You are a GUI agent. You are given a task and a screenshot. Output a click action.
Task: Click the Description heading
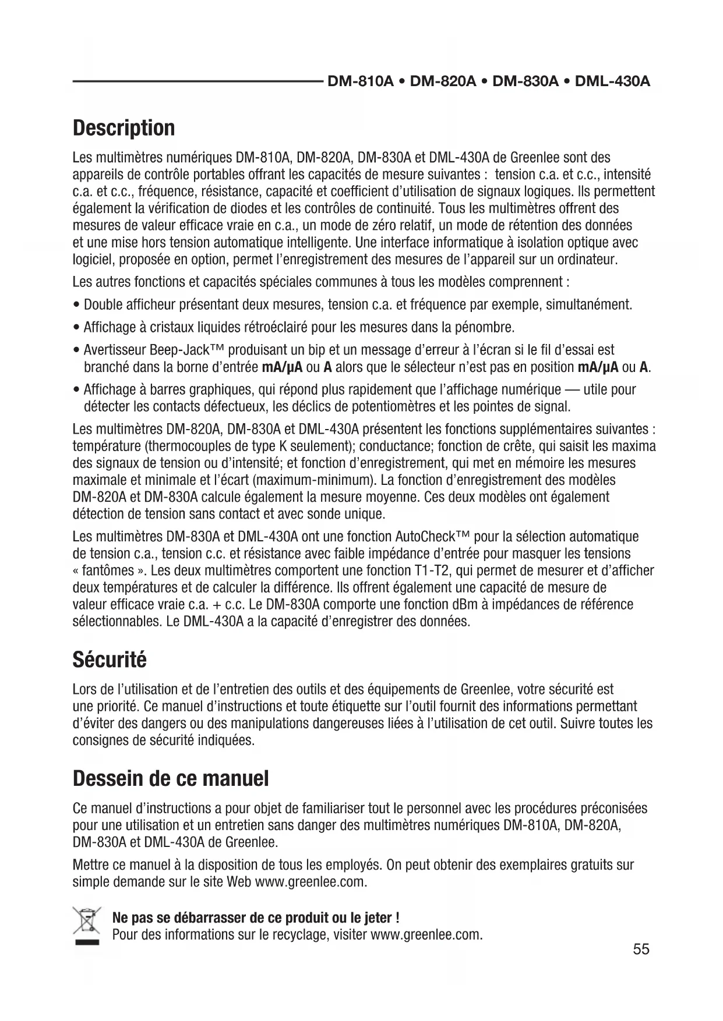pyautogui.click(x=124, y=128)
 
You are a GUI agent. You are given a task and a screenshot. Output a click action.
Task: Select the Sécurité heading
pyautogui.click(x=110, y=660)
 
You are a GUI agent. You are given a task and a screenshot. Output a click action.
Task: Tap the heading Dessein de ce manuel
pyautogui.click(x=171, y=778)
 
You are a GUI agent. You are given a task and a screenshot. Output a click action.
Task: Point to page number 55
pyautogui.click(x=641, y=949)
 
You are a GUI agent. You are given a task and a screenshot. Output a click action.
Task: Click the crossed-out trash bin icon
pyautogui.click(x=86, y=926)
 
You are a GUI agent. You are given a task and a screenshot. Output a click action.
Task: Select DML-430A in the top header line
pyautogui.click(x=612, y=81)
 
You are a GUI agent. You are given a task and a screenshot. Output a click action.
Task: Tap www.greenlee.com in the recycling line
pyautogui.click(x=426, y=935)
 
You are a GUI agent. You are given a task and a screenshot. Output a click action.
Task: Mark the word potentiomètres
pyautogui.click(x=391, y=405)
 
